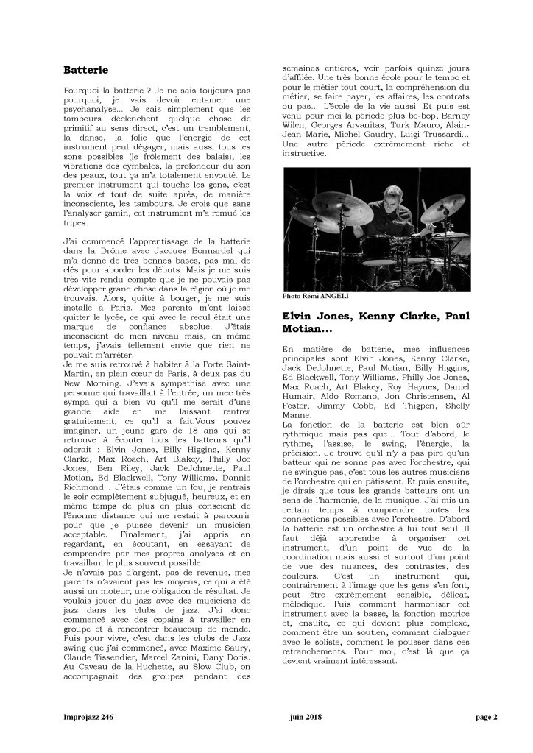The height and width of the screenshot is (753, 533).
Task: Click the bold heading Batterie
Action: click(85, 70)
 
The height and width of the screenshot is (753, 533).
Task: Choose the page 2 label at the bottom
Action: click(487, 718)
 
